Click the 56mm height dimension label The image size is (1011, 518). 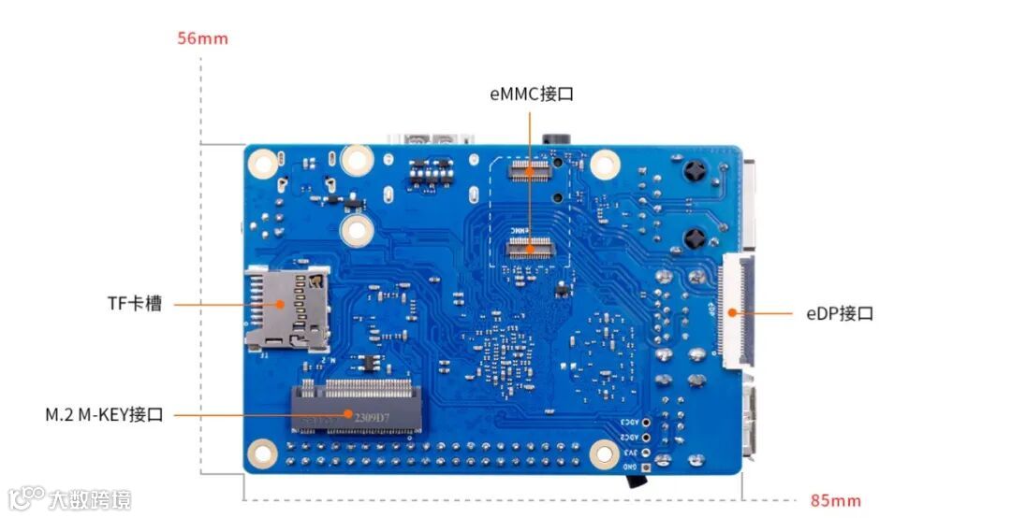[x=202, y=39]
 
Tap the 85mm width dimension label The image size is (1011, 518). [x=835, y=500]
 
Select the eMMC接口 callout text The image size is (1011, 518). [x=531, y=94]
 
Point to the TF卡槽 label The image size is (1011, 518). [x=134, y=304]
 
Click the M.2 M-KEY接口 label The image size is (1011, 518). [x=104, y=414]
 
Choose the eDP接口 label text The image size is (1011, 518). [x=839, y=313]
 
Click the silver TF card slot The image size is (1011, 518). [x=287, y=308]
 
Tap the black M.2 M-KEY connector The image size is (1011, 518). [x=355, y=408]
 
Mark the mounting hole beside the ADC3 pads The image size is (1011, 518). [x=605, y=454]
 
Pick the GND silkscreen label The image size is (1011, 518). [x=631, y=466]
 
